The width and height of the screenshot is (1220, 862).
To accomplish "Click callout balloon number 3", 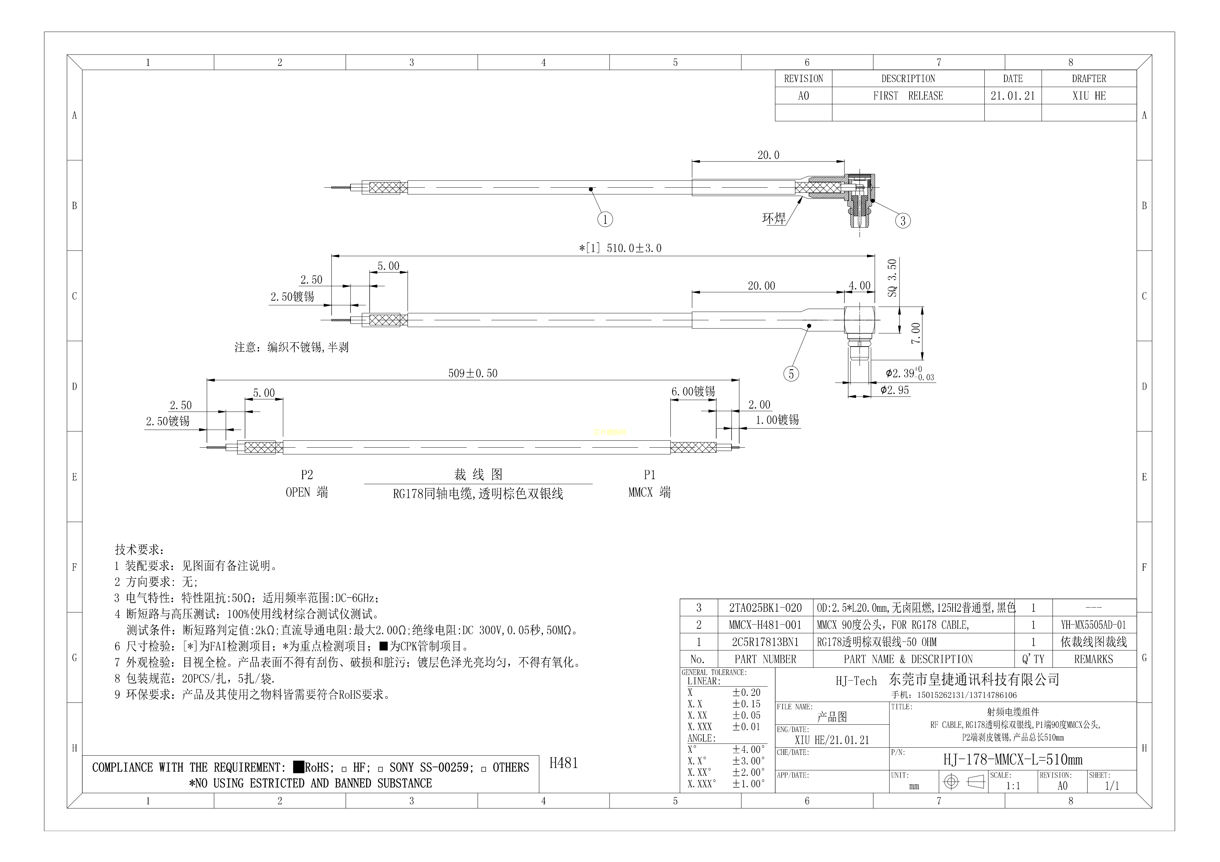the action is [903, 220].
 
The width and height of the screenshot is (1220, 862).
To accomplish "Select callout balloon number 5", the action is [791, 374].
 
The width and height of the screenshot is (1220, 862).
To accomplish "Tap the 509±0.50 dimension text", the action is [473, 373].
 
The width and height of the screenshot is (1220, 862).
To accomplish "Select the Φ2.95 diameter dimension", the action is [895, 390].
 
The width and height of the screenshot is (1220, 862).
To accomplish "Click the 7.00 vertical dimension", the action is [916, 334].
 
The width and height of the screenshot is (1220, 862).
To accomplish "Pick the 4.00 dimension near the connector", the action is [859, 286].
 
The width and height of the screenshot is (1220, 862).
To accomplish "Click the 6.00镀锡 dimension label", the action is [693, 391].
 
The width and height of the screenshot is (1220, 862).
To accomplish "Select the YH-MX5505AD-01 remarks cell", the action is [1093, 625].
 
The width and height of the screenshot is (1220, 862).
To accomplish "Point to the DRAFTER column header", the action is [1089, 79].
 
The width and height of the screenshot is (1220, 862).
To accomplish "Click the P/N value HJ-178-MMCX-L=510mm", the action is [1013, 759].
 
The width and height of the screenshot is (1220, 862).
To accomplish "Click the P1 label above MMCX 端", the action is [649, 475].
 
